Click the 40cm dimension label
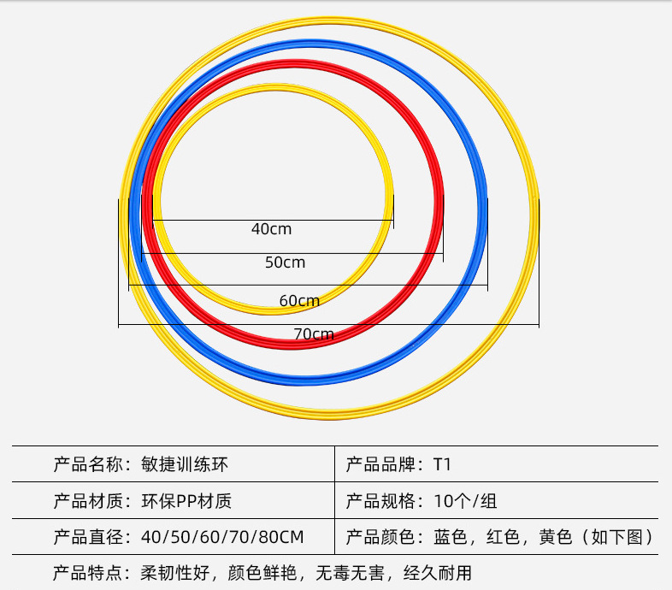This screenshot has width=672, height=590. coord(272,229)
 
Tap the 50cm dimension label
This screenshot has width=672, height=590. coord(285,263)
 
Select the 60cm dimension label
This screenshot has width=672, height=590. coord(299,300)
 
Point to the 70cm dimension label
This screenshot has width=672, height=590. coord(314,334)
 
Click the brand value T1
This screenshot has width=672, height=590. coord(442,465)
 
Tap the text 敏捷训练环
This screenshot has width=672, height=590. coord(185,465)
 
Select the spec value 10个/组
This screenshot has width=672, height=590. coord(466,501)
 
